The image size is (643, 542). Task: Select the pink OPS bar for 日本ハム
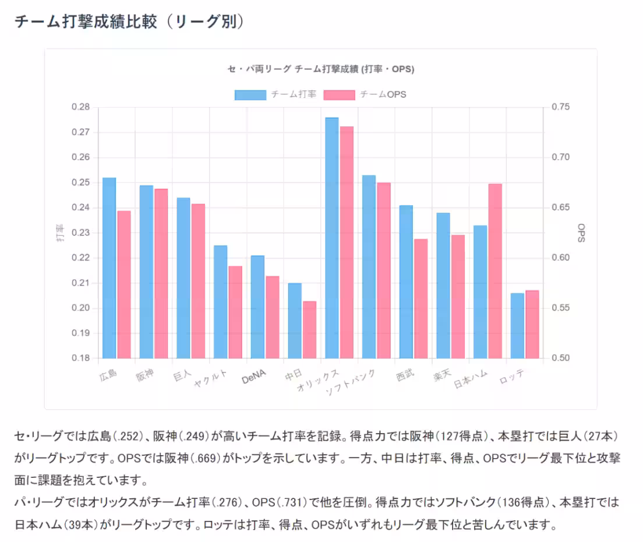click(x=495, y=271)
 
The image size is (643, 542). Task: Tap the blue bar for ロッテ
click(x=517, y=326)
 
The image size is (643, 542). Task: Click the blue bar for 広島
click(x=109, y=268)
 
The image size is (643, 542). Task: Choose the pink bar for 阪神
click(x=161, y=273)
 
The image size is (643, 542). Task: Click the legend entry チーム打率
click(x=275, y=94)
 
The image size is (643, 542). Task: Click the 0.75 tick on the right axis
click(x=560, y=107)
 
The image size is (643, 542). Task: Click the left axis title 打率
click(x=60, y=233)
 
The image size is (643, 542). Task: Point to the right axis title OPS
click(x=581, y=233)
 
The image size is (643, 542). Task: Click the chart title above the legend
click(x=320, y=69)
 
